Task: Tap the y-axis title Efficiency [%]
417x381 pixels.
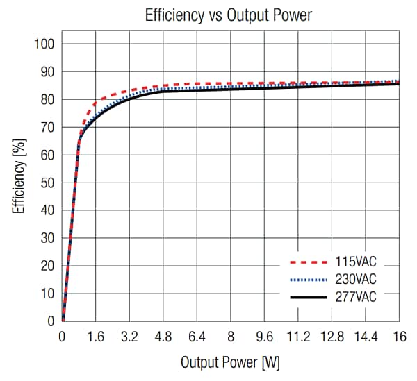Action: pyautogui.click(x=19, y=176)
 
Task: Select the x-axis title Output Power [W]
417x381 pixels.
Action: pyautogui.click(x=230, y=362)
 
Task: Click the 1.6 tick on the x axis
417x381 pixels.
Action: pyautogui.click(x=96, y=337)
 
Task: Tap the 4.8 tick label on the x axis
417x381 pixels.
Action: pyautogui.click(x=163, y=337)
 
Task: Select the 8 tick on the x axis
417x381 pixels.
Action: pyautogui.click(x=231, y=337)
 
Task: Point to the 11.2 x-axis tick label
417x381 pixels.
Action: pyautogui.click(x=298, y=337)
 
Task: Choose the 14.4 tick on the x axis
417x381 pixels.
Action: pyautogui.click(x=366, y=337)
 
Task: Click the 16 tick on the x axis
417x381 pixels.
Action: pyautogui.click(x=399, y=337)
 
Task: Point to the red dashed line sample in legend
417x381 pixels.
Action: pyautogui.click(x=306, y=264)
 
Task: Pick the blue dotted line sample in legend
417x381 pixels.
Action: pyautogui.click(x=306, y=280)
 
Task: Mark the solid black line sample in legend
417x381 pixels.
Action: pyautogui.click(x=306, y=297)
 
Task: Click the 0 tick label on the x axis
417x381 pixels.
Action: pyautogui.click(x=63, y=337)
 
